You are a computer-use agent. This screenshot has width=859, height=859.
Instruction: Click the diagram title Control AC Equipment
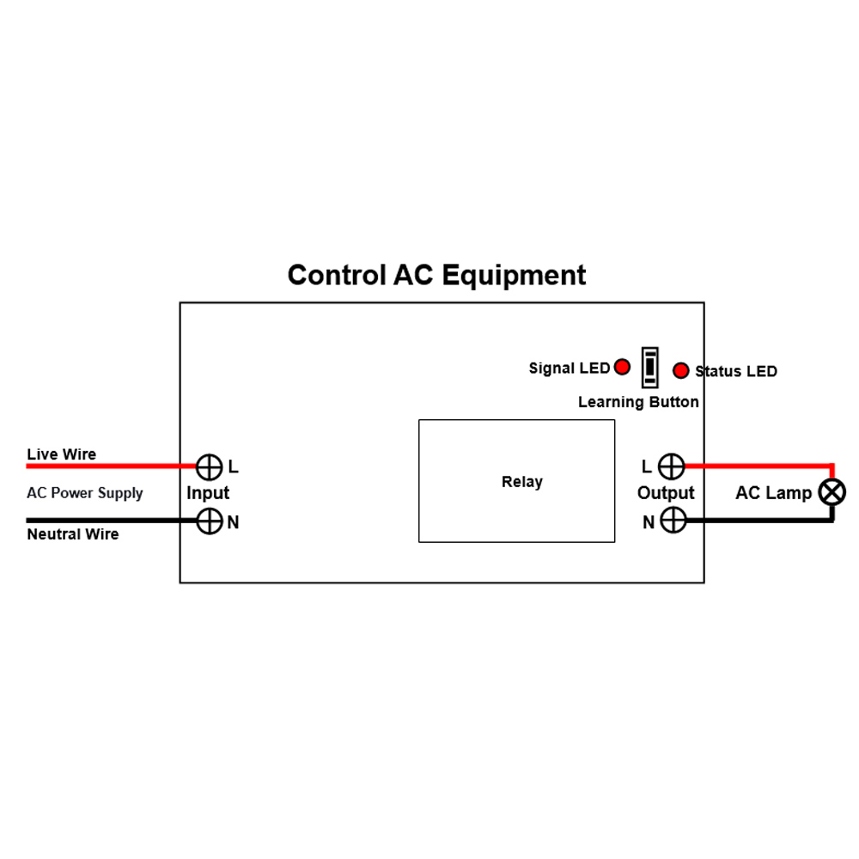436,275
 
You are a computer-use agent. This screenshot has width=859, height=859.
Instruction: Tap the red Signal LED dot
623,368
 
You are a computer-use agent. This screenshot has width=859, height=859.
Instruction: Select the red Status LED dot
681,370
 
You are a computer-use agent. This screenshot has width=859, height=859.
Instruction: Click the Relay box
516,481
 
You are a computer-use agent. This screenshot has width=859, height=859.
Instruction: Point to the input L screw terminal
210,466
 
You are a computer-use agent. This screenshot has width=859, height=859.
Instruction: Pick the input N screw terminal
210,521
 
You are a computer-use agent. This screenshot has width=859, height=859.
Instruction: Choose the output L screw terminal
671,466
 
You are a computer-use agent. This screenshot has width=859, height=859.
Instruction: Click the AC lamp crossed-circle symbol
832,492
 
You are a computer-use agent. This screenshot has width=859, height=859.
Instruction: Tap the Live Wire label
62,454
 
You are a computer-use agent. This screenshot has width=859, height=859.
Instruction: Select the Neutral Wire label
73,534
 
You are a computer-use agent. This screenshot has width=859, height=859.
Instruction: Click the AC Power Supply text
85,493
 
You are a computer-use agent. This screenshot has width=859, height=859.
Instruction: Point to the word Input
208,493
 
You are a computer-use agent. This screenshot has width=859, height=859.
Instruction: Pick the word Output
666,493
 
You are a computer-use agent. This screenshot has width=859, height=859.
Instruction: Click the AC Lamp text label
773,493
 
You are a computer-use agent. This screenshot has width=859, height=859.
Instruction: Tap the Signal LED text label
569,369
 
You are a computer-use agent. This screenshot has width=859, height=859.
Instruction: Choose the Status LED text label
736,371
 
